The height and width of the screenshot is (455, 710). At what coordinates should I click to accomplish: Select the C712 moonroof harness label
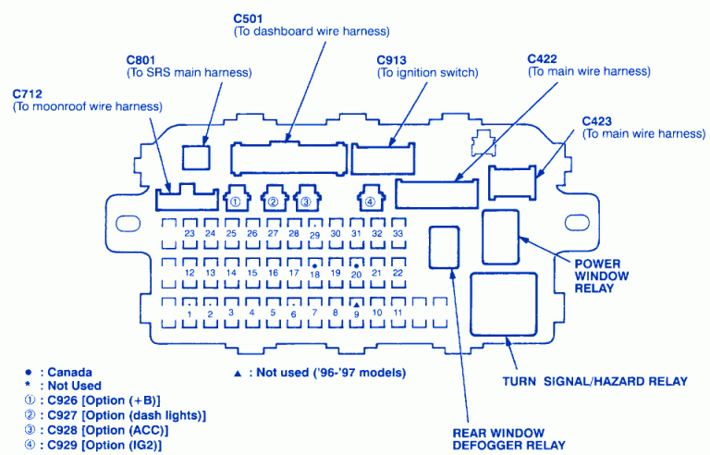[x=30, y=93]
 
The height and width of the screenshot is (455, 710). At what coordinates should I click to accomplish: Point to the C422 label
[x=545, y=58]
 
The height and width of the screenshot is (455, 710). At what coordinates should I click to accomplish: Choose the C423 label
[x=599, y=121]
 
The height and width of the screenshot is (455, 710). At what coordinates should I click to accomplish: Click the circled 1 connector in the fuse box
[x=237, y=199]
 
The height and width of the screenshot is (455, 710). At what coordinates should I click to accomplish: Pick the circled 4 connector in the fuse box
[x=370, y=199]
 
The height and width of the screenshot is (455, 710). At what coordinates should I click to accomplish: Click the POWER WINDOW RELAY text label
[x=602, y=276]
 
